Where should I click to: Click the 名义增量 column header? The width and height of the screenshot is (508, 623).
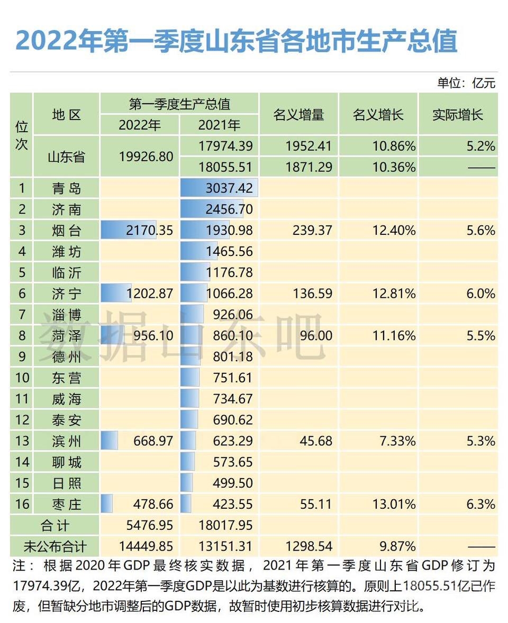click(x=298, y=114)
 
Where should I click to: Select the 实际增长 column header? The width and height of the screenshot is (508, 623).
click(x=458, y=114)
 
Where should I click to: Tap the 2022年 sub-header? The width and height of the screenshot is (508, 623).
click(x=140, y=125)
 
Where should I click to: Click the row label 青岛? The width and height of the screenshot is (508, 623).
click(x=67, y=188)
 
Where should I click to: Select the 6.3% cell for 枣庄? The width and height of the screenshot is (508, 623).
click(x=480, y=503)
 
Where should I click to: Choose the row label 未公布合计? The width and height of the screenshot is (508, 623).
click(x=55, y=546)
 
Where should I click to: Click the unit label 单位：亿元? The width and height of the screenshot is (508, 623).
click(x=466, y=83)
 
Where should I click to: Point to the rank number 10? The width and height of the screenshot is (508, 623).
click(x=22, y=378)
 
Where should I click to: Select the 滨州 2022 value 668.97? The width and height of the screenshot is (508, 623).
click(x=153, y=441)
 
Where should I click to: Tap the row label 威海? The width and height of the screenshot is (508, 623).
click(x=67, y=399)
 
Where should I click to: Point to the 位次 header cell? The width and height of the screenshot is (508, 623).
click(x=22, y=135)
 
